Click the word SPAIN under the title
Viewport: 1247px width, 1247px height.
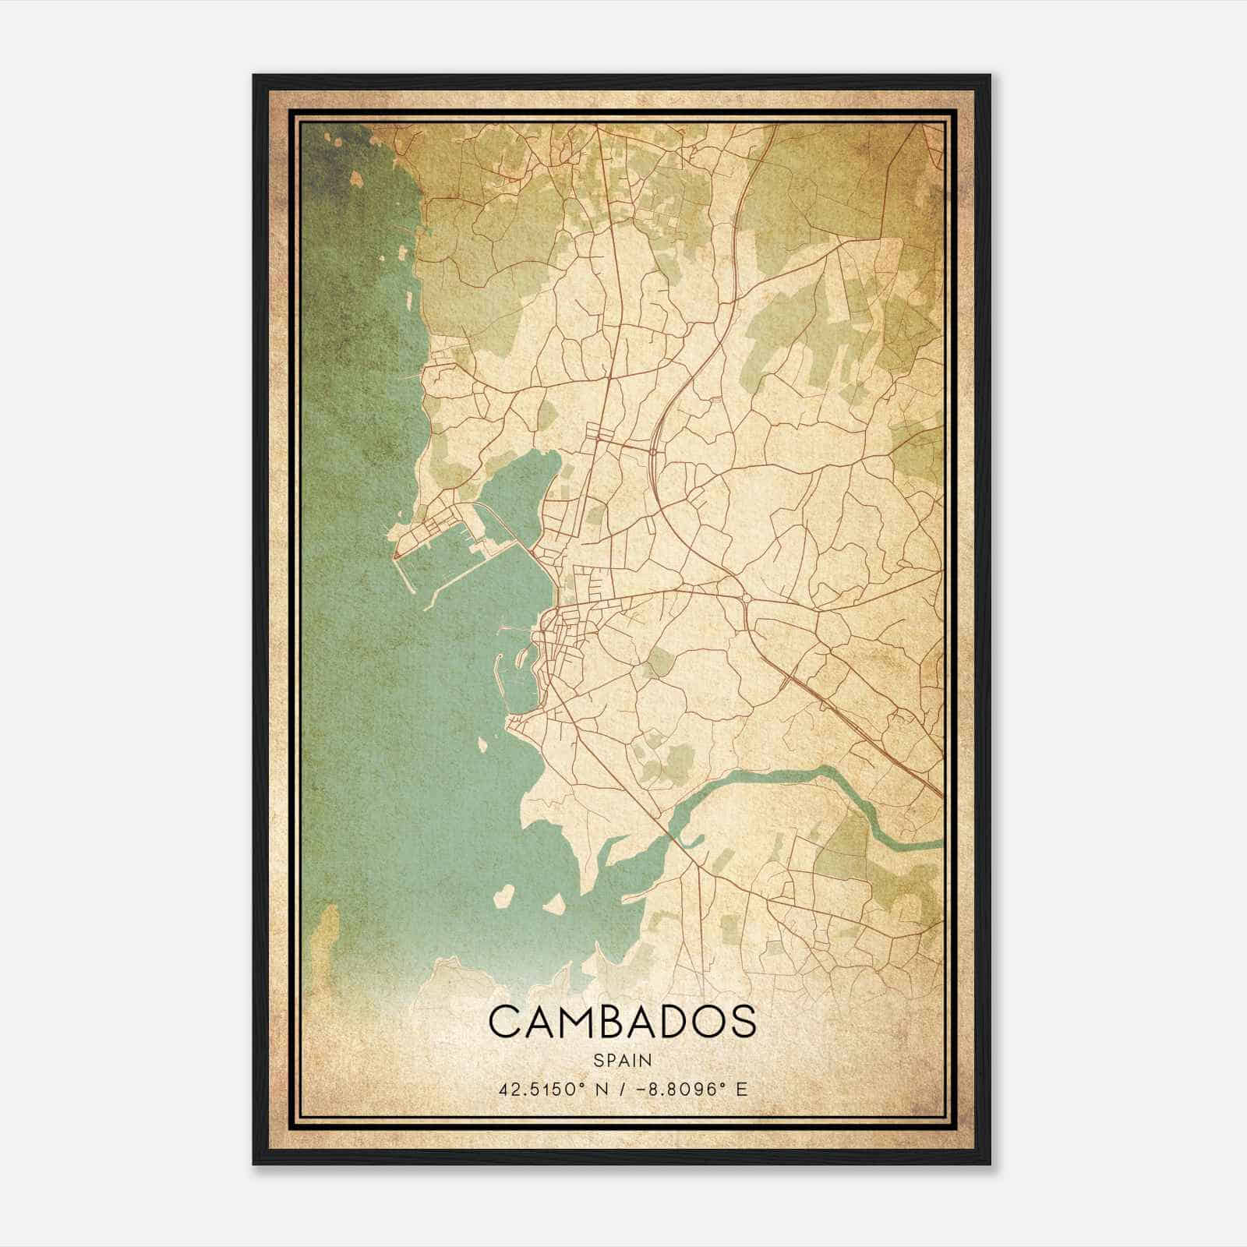[x=623, y=1061]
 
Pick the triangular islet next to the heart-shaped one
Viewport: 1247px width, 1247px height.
[x=554, y=904]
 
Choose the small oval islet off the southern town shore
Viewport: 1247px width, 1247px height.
[x=482, y=744]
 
